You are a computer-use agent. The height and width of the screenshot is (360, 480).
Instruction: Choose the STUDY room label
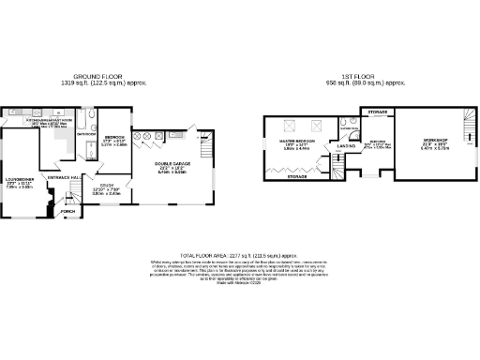point(107,186)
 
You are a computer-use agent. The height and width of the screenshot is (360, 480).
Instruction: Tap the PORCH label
point(67,212)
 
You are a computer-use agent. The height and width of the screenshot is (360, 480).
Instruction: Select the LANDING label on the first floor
point(345,146)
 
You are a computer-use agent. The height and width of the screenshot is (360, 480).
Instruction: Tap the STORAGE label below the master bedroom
point(297,176)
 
